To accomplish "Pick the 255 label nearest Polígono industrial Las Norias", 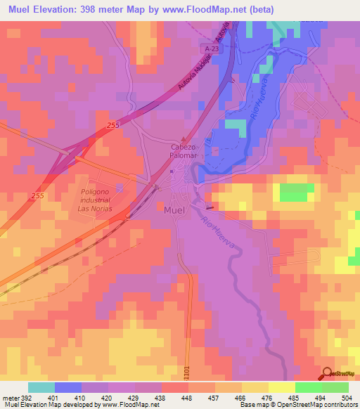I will [x=18, y=195].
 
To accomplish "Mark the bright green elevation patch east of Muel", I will [x=297, y=192].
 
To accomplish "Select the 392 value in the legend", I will [x=28, y=397].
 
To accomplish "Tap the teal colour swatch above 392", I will [x=41, y=387].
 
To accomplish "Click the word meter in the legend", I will [x=11, y=397].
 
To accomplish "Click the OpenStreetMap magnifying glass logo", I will [x=327, y=374].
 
